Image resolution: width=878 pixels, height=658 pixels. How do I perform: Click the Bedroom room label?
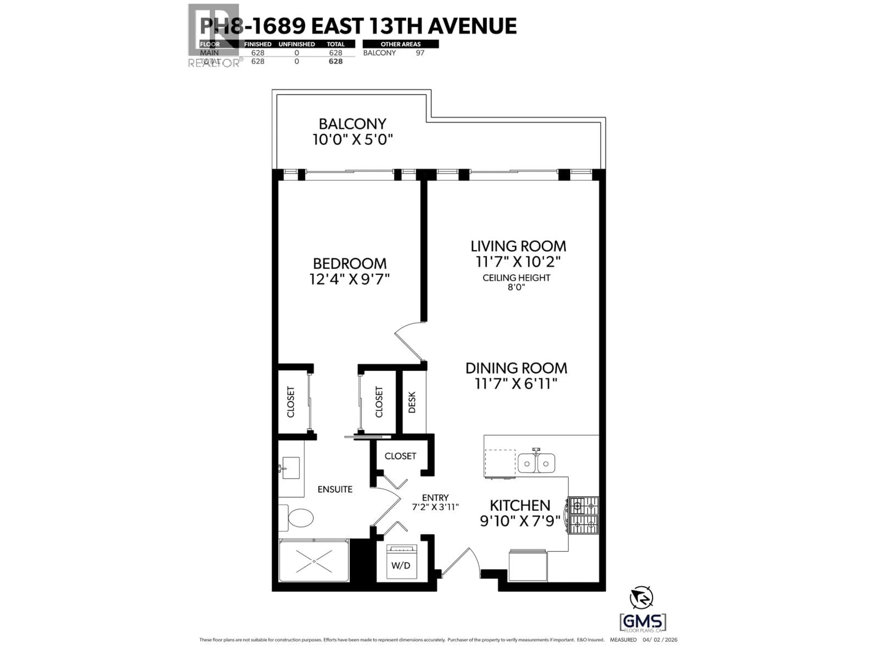[x=349, y=264]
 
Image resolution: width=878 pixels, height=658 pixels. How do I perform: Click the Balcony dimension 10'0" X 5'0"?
[x=353, y=140]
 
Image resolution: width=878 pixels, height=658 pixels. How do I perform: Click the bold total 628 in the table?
[x=335, y=61]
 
